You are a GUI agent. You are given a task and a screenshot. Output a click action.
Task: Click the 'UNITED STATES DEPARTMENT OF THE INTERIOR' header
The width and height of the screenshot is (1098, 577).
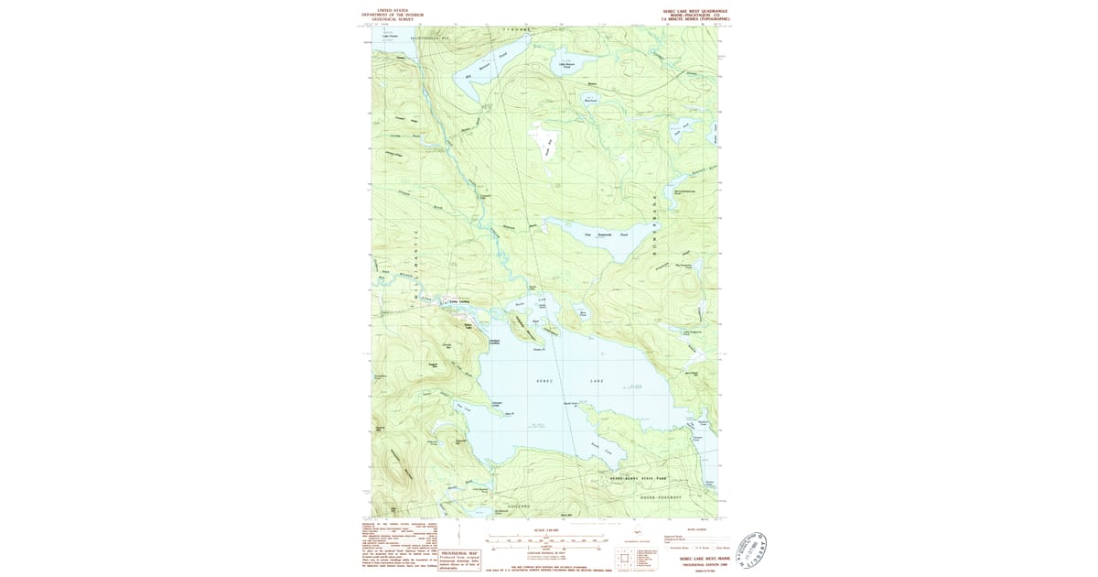coord(394,14)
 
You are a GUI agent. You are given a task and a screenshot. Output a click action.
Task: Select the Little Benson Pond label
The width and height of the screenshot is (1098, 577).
coord(567,65)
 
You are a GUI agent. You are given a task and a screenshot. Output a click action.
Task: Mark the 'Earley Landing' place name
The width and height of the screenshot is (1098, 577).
coord(457,301)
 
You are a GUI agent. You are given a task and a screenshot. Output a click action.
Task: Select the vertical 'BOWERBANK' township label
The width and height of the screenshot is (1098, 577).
coord(655,224)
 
